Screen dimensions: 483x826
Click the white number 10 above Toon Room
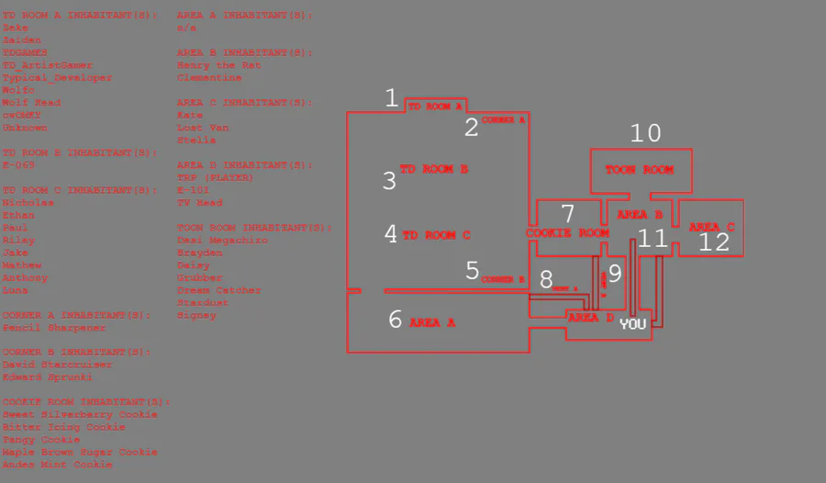pos(645,133)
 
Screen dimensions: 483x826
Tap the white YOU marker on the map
pos(632,324)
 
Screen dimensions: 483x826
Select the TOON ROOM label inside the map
pos(639,170)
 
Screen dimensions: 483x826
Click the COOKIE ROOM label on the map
pos(567,233)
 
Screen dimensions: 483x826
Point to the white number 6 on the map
pos(396,320)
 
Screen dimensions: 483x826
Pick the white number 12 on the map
pos(714,241)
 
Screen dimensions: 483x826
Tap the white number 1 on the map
pos(392,98)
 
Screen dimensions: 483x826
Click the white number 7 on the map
pos(568,214)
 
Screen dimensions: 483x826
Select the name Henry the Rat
pos(218,65)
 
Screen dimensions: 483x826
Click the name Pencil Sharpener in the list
pos(54,328)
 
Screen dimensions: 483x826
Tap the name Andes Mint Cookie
pos(58,465)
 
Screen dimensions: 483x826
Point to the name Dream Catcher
pos(218,290)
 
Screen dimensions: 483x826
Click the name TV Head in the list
pos(199,203)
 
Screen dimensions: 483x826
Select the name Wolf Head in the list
pos(31,103)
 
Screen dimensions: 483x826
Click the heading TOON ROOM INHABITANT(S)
pos(254,228)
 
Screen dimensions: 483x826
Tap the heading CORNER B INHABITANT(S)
pos(77,352)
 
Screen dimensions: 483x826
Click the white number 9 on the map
pos(615,273)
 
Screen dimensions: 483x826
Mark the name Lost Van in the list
pos(203,128)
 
